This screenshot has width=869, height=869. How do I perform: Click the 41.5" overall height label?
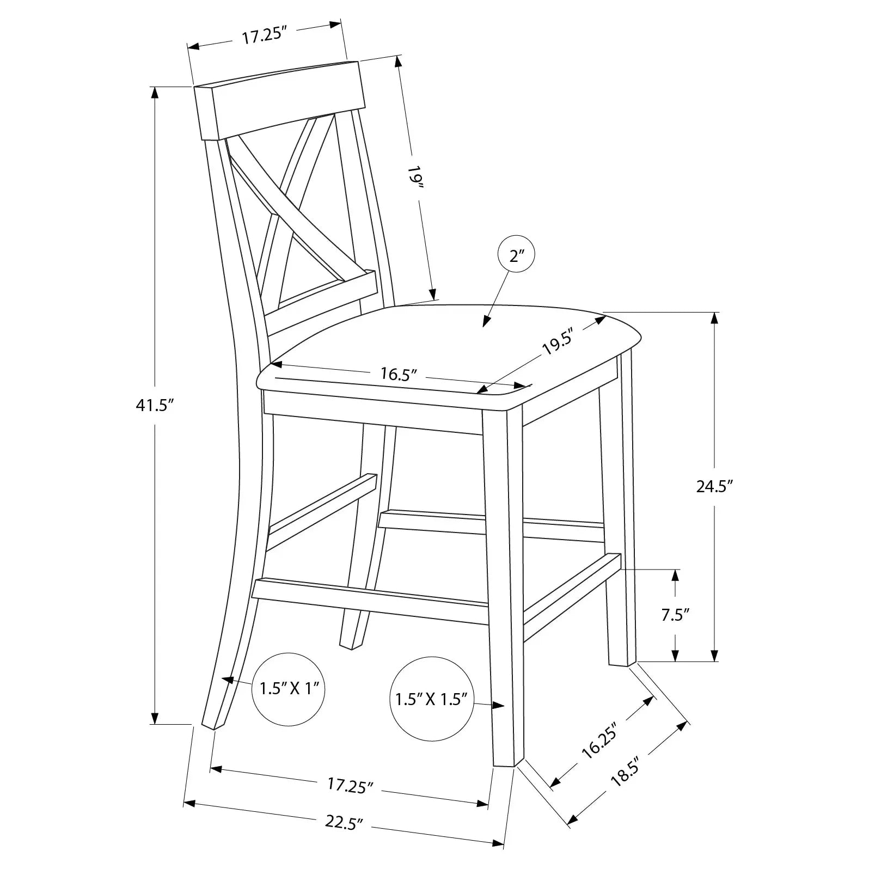[154, 406]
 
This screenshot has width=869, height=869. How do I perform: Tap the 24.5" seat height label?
[715, 486]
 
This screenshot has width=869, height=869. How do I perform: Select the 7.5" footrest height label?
[676, 615]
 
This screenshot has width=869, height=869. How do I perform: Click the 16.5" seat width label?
[399, 374]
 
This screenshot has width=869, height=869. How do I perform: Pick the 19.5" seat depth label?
[559, 344]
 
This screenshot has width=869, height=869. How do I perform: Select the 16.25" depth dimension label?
[599, 741]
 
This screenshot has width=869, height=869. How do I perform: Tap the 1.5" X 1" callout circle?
[289, 689]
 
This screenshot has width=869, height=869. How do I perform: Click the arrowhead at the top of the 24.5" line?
[715, 317]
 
